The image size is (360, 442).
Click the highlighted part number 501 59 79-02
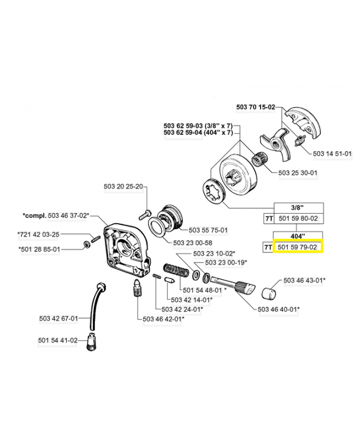point(298,247)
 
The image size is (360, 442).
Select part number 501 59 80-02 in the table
point(298,218)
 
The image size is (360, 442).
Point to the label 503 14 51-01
point(332,154)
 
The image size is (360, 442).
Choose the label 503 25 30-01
point(298,173)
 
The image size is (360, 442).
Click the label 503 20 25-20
point(123,187)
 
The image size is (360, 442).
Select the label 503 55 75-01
point(208,230)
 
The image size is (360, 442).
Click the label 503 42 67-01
point(59,318)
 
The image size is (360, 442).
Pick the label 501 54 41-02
point(58,340)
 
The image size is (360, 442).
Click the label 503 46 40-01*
point(279,309)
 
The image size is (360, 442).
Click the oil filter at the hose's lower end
point(90,346)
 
